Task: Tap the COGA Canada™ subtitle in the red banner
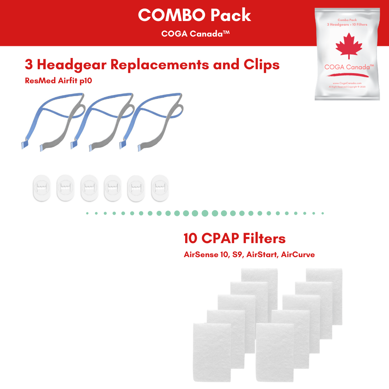195,33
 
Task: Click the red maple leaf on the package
349,48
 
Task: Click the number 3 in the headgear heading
28,65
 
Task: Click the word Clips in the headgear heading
262,65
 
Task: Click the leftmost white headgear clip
42,188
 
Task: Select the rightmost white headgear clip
159,188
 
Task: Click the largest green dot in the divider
205,213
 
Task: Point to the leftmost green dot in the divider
87,213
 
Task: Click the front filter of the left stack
212,352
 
